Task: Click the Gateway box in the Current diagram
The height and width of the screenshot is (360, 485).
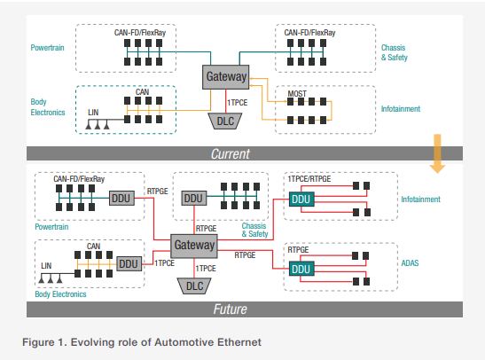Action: click(x=225, y=77)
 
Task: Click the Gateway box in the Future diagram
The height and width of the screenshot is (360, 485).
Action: click(x=194, y=246)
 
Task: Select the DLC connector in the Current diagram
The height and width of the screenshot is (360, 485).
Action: click(x=225, y=121)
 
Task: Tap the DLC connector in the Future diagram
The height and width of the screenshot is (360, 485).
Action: click(x=194, y=286)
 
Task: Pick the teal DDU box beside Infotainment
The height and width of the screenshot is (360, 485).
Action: click(x=301, y=200)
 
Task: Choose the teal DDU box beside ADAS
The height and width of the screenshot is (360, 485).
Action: click(x=301, y=269)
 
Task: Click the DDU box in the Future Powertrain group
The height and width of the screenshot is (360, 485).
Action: click(x=121, y=199)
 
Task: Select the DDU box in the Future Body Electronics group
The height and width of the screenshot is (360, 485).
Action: click(x=129, y=264)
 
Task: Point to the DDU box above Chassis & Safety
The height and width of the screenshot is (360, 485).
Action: click(x=193, y=199)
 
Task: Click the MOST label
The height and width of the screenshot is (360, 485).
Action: click(x=297, y=93)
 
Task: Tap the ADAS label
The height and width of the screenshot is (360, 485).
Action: click(x=410, y=263)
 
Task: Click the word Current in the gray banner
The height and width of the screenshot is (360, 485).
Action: click(x=231, y=153)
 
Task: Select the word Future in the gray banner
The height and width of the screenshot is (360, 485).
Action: click(x=231, y=309)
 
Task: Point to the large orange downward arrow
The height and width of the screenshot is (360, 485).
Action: click(x=437, y=153)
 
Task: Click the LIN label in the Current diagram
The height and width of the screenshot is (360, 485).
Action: click(x=93, y=113)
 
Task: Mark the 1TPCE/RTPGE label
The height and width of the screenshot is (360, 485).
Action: click(x=309, y=179)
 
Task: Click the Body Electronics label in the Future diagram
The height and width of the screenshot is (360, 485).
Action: click(x=60, y=294)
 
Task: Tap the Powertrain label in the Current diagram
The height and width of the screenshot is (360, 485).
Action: click(x=47, y=48)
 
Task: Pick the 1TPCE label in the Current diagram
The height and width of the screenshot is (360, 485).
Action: click(x=238, y=102)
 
